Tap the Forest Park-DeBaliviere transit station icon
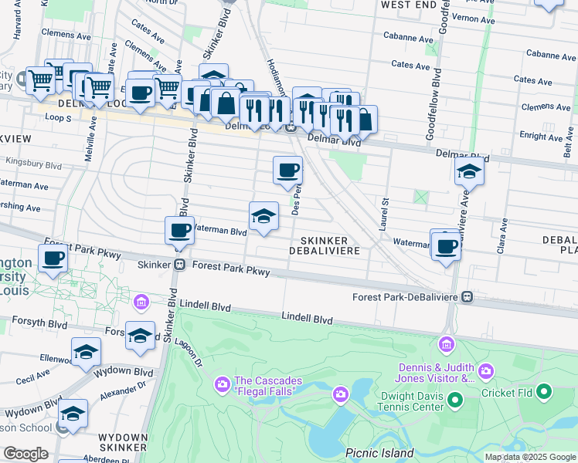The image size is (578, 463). [467, 297]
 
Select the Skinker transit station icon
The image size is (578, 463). [179, 265]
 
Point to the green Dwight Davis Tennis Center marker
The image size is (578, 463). [455, 399]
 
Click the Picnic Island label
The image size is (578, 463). [379, 453]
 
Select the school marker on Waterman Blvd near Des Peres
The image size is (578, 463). [263, 218]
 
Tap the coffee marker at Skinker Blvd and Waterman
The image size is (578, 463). [180, 231]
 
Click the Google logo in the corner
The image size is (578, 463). [26, 454]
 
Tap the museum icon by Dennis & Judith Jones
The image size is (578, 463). [447, 343]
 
